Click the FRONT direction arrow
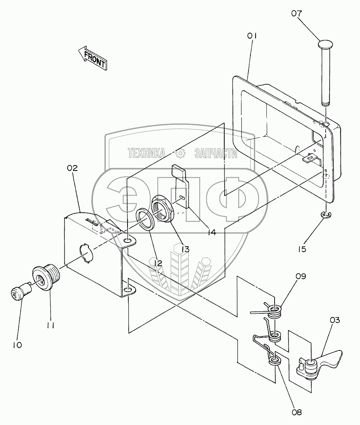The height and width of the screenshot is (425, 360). (93, 58)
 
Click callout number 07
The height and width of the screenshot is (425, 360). (296, 13)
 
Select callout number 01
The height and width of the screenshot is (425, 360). (252, 36)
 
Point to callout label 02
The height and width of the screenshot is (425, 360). (72, 168)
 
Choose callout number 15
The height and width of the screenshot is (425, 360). (301, 249)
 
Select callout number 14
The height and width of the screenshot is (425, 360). (211, 232)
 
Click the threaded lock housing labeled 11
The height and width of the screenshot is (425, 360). (46, 276)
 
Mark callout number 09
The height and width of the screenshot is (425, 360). (301, 276)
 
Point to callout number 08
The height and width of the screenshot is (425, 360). (296, 413)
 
